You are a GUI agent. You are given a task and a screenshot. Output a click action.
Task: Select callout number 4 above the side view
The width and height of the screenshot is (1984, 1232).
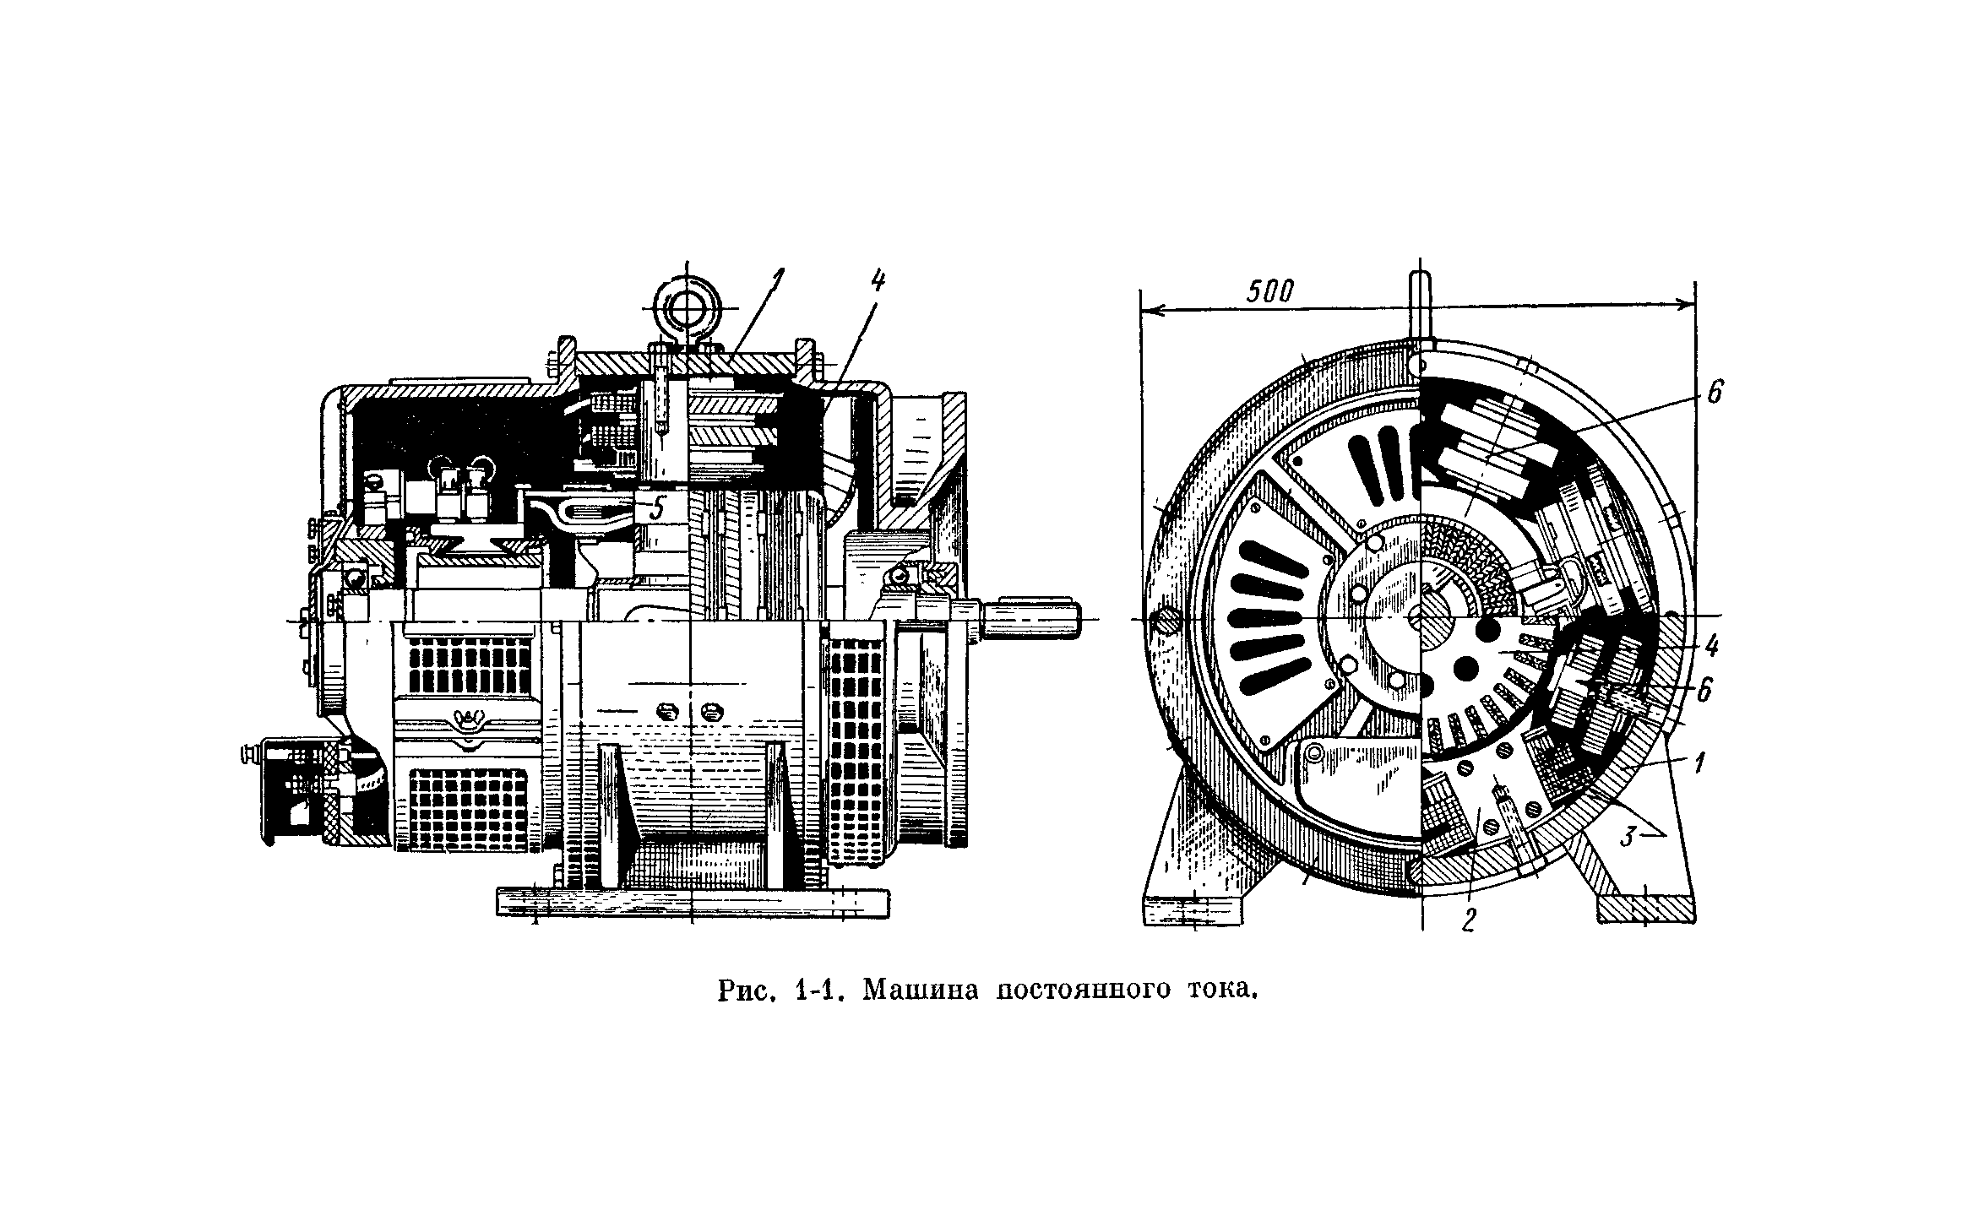(x=878, y=281)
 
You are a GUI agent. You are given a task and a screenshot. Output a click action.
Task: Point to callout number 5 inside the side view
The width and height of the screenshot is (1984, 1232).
(x=659, y=508)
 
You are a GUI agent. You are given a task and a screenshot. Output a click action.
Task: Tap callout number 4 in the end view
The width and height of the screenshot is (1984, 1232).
(x=1710, y=648)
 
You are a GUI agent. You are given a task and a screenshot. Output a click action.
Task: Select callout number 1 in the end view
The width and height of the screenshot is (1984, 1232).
(x=1699, y=764)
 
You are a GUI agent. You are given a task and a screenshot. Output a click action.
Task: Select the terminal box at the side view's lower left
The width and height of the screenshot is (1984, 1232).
(x=295, y=792)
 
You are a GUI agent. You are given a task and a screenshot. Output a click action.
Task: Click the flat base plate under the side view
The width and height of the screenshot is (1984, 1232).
(x=692, y=901)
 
